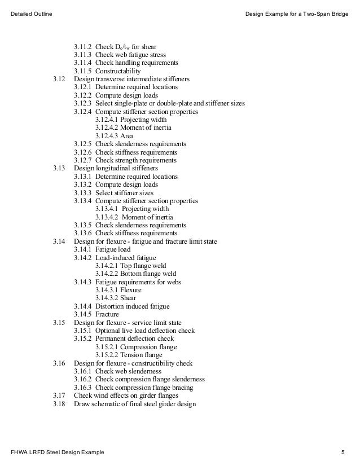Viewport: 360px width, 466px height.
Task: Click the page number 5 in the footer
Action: coord(343,453)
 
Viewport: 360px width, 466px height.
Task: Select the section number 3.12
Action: coord(59,80)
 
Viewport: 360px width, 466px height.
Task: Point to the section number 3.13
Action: coord(59,168)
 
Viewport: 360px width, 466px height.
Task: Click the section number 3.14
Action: coord(59,241)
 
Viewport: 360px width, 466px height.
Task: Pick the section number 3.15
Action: coord(59,322)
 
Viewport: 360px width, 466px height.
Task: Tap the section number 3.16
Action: coord(59,363)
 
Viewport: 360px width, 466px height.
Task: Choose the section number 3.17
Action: coord(59,395)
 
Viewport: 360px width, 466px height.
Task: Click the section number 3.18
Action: coord(59,404)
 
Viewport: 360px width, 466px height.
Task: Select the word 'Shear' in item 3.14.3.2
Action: coord(128,298)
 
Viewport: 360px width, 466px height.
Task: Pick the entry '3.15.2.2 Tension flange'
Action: coord(129,355)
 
